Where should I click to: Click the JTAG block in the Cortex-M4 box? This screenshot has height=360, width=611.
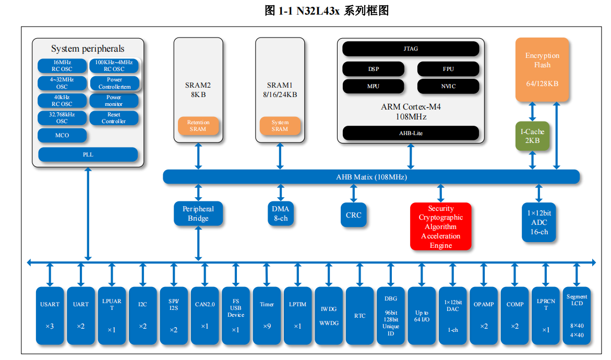pos(411,49)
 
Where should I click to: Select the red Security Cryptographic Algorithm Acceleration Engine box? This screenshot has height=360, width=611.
pos(440,226)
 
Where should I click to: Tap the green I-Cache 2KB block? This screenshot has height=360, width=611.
pos(532,136)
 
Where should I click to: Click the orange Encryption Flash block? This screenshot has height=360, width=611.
pos(542,69)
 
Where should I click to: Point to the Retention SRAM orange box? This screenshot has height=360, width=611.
pos(198,126)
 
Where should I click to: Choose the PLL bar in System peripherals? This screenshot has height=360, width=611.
pos(88,154)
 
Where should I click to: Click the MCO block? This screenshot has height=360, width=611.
pos(62,136)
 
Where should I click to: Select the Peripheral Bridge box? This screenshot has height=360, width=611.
pos(198,214)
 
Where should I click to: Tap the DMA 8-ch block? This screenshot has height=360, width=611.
pos(281,214)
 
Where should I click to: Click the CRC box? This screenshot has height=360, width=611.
pos(353,214)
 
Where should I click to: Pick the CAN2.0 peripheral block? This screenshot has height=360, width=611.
pos(205,316)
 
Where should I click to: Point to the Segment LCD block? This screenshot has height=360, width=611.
pos(577,316)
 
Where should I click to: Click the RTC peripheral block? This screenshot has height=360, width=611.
pos(360,316)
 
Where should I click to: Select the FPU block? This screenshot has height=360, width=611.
pos(448,69)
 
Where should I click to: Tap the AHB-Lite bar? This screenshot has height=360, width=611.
pos(411,133)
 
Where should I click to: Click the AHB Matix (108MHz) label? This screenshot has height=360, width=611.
pos(371,177)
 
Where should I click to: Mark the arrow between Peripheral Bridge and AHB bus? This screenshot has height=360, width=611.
pos(198,193)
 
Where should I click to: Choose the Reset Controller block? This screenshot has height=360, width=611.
pos(114,118)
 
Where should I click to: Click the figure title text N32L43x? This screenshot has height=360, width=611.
pos(318,10)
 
